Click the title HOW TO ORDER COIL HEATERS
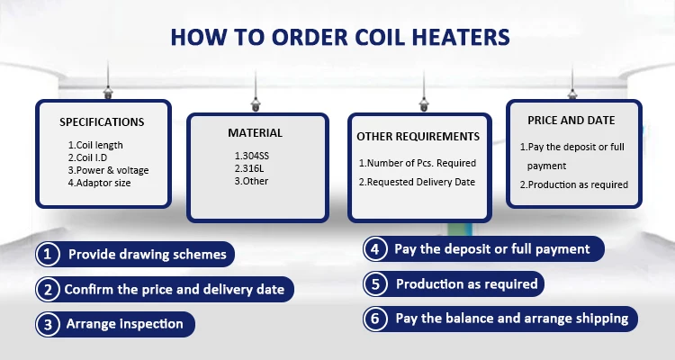pyautogui.click(x=340, y=37)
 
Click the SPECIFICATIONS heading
pyautogui.click(x=102, y=122)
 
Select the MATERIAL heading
pyautogui.click(x=256, y=133)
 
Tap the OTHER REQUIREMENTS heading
pyautogui.click(x=418, y=137)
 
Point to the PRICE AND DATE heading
pyautogui.click(x=571, y=121)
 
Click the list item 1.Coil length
pyautogui.click(x=95, y=145)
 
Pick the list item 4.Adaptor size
pyautogui.click(x=99, y=183)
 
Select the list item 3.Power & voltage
pyautogui.click(x=109, y=170)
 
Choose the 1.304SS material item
pyautogui.click(x=252, y=156)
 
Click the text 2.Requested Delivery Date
pyautogui.click(x=417, y=182)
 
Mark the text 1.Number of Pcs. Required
pyautogui.click(x=418, y=163)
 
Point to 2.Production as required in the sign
pyautogui.click(x=574, y=184)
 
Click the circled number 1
pyautogui.click(x=48, y=254)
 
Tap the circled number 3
pyautogui.click(x=48, y=324)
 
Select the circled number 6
pyautogui.click(x=375, y=319)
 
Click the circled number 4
pyautogui.click(x=375, y=249)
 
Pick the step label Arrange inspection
pyautogui.click(x=125, y=324)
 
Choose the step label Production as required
pyautogui.click(x=466, y=284)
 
